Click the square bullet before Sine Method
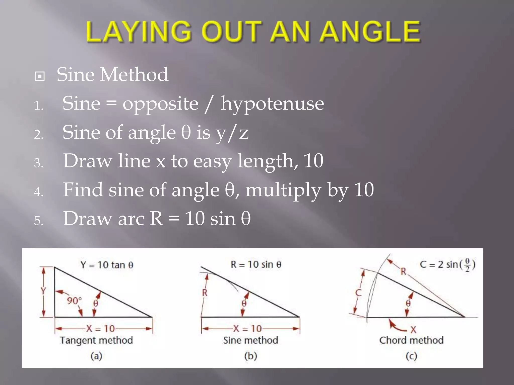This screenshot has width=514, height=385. coord(40,76)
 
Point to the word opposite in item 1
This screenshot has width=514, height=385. coord(160,104)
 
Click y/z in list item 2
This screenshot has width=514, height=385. coord(232,133)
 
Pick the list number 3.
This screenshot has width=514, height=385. coord(39,163)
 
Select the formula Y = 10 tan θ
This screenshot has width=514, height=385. coord(107,265)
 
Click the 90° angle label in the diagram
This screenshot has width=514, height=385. coord(74,301)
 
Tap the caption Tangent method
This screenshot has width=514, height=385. coord(96,340)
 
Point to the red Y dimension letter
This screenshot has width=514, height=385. coord(43,291)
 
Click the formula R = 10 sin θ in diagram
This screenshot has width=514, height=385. coord(256,264)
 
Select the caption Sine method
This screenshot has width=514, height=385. coord(251,340)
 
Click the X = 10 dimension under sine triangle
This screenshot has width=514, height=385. coord(247,329)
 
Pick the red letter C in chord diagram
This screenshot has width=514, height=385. coord(358,293)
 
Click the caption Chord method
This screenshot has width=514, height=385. coord(411,340)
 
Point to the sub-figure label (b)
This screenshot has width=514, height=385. coord(251,356)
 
